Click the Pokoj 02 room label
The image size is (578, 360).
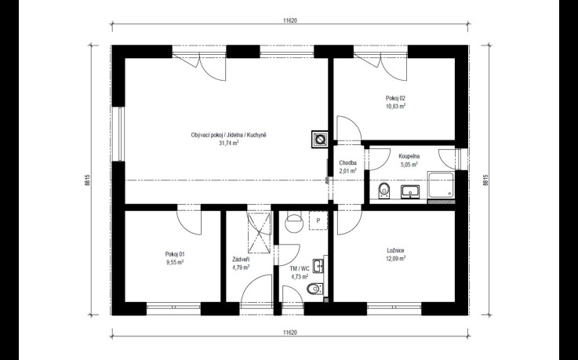click(395, 98)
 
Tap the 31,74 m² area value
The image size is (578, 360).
click(228, 144)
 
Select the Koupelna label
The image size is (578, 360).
click(409, 156)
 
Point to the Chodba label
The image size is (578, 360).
click(347, 163)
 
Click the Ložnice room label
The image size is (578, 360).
click(395, 250)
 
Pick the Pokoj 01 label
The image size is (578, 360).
click(175, 254)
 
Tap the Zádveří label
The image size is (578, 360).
click(241, 259)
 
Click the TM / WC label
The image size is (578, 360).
click(300, 268)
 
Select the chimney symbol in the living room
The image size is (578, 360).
click(320, 140)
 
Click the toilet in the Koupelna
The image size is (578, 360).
click(384, 190)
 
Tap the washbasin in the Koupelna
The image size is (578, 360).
click(410, 191)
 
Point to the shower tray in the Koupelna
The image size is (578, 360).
click(441, 184)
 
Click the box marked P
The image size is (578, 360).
click(318, 220)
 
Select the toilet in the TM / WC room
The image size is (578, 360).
click(315, 288)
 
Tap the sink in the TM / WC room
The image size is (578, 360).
click(318, 266)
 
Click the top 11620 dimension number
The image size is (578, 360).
click(290, 20)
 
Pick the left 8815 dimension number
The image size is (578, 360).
click(87, 180)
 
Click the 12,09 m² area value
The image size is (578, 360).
click(395, 258)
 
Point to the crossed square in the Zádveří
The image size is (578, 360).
click(259, 233)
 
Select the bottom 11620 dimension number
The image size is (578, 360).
click(290, 333)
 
